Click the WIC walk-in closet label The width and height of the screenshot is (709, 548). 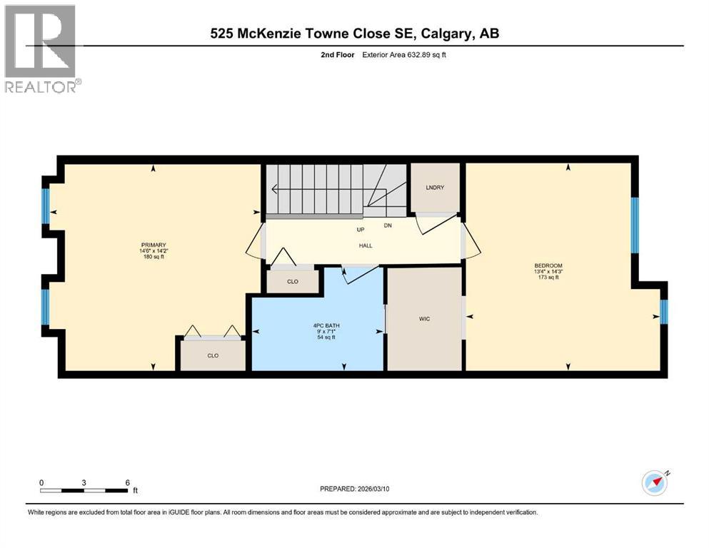[424, 318]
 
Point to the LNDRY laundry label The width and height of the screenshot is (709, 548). [435, 188]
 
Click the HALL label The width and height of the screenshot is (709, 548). [365, 245]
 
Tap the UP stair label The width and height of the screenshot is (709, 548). [361, 230]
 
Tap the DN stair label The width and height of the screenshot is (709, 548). [387, 225]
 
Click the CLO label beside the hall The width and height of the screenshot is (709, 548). [293, 282]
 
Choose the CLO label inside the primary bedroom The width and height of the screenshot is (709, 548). [213, 355]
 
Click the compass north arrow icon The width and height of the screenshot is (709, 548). [654, 483]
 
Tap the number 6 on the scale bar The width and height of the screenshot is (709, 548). [127, 482]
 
